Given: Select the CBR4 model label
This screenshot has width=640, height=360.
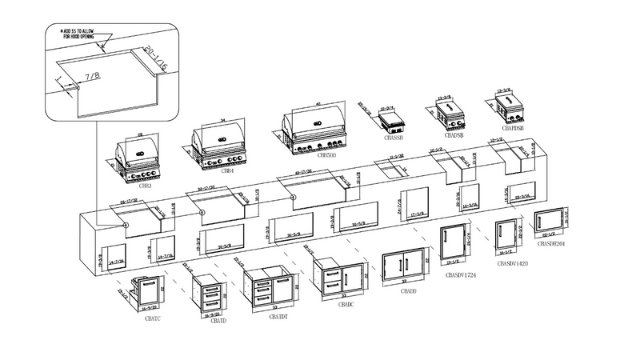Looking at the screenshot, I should [227, 170].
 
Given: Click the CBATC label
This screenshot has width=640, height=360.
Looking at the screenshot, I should [154, 318].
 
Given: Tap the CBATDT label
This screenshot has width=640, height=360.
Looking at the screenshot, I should [279, 318].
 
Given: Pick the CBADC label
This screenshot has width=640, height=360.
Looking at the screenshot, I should [346, 305].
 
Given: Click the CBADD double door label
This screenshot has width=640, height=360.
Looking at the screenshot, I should [409, 292].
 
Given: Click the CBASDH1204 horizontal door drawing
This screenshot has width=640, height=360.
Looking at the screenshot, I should [550, 221].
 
